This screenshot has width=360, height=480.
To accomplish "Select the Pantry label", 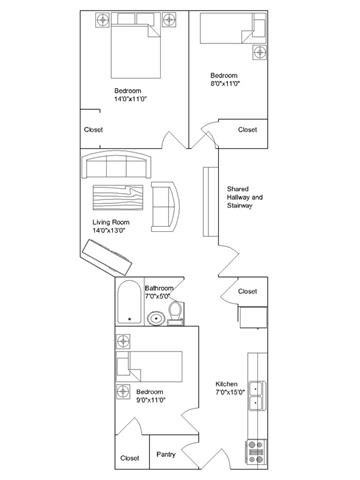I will pos(167,455).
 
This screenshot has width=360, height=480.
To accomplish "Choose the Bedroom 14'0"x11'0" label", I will pos(131,95).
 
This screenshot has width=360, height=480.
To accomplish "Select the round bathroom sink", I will pos(156,320).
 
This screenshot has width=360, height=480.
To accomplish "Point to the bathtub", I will pos(128,304).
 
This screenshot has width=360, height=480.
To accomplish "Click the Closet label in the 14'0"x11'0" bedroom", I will pos(93,129).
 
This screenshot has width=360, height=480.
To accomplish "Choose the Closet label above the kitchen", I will pos(247,291).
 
